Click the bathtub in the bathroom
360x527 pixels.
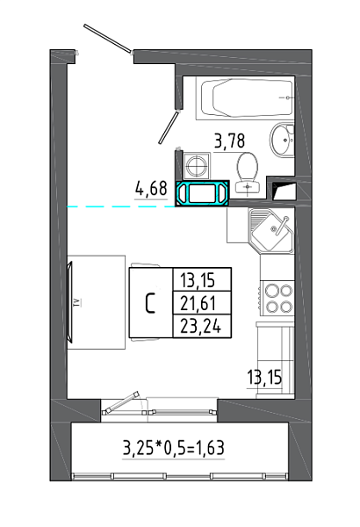pos(244,98)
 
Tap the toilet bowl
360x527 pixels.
pos(248,173)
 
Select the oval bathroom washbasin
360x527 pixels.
pos(282,140)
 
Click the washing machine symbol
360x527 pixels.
pos(197,166)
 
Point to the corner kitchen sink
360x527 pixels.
pos(271,230)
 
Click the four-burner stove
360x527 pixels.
pos(277,297)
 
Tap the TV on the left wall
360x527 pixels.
pos(70,302)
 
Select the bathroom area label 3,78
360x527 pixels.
pos(230,141)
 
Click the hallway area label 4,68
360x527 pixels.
pos(151,189)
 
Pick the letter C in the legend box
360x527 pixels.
pos(150,303)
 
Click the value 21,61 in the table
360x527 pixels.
pos(198,303)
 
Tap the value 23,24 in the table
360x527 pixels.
pos(201,326)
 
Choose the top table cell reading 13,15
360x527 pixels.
pos(198,280)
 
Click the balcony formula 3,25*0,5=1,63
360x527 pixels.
pos(174,447)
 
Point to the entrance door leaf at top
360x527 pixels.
pos(107,39)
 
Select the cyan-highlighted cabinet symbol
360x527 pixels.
pos(202,193)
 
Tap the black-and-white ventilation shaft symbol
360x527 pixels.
pos(284,191)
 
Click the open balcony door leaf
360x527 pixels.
pos(121,401)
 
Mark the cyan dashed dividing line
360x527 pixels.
pos(121,206)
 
